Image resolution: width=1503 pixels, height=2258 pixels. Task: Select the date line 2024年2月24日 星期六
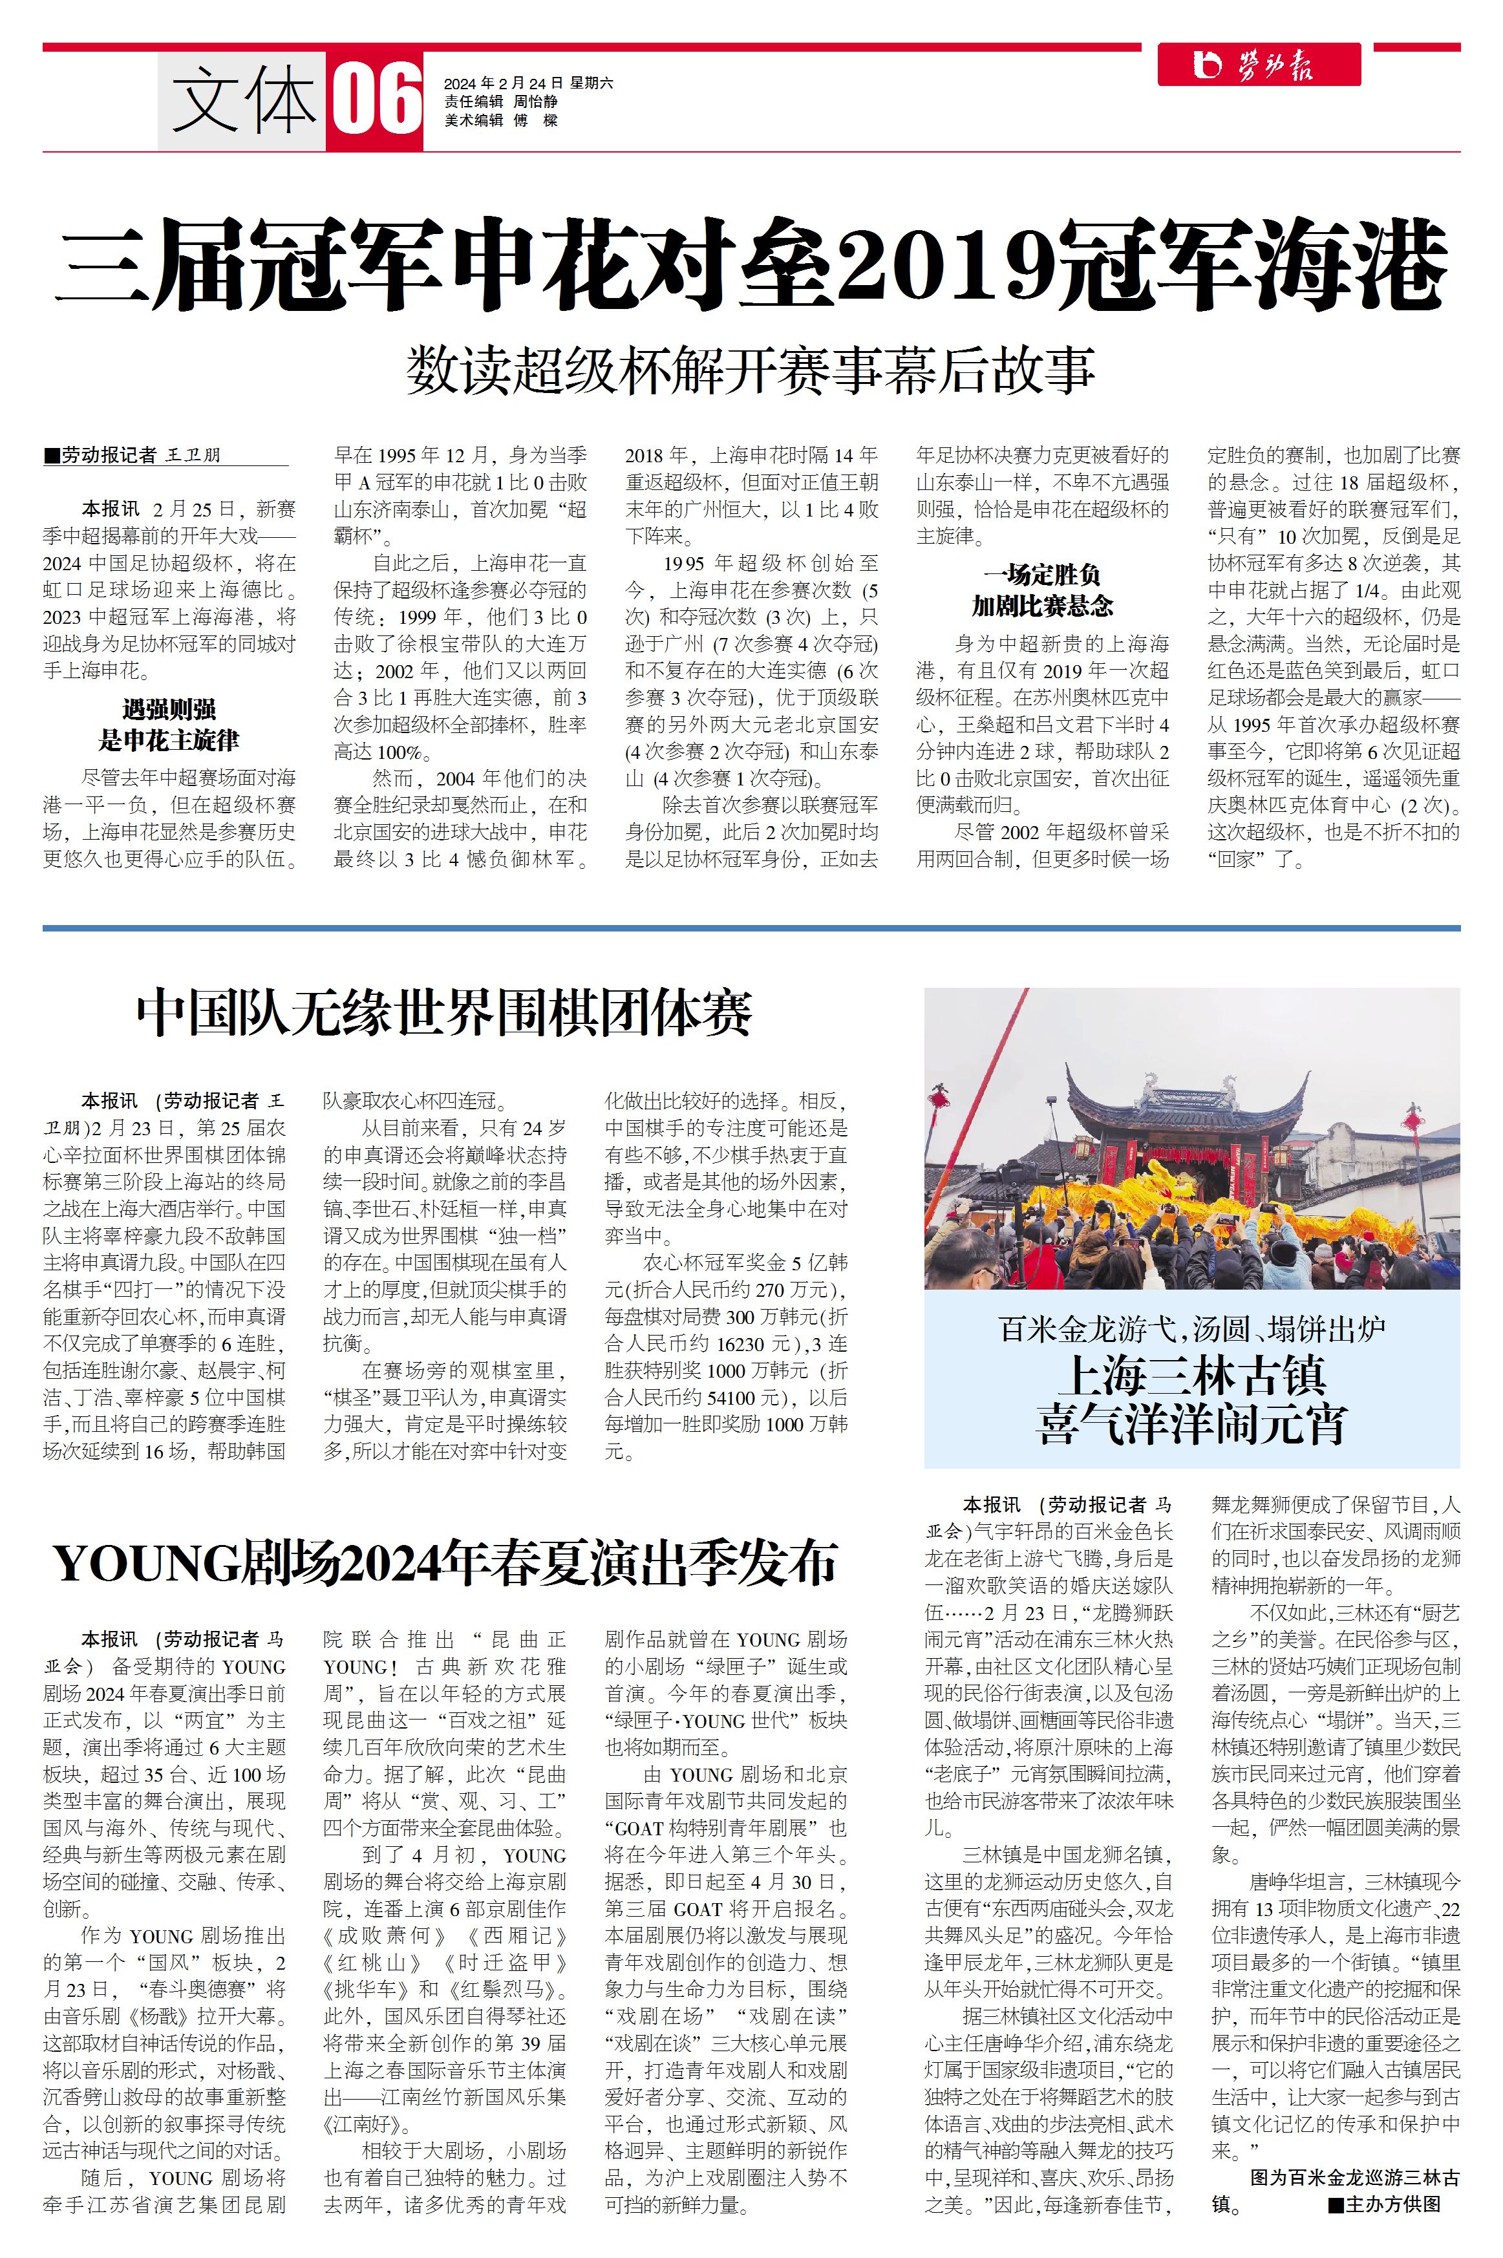click(528, 83)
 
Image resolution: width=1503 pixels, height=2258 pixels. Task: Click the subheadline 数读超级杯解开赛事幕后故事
click(751, 371)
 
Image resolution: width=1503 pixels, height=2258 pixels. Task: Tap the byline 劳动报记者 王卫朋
click(140, 455)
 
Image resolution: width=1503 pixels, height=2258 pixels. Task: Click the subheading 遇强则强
click(169, 710)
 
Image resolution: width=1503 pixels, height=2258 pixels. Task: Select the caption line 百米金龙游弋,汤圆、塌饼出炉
click(1191, 1329)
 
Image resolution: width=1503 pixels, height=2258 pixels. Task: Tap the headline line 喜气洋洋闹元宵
click(1191, 1425)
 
